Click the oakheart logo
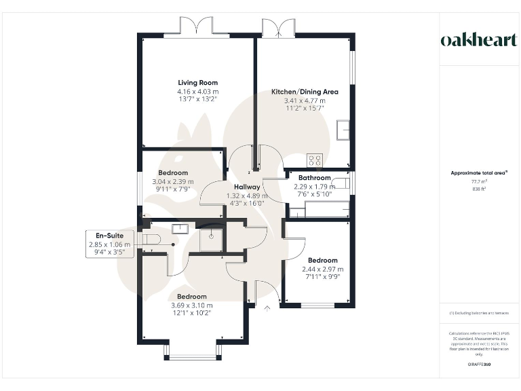coord(478,40)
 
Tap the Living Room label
coord(197,82)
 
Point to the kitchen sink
coord(343,128)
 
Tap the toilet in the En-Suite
coord(150,238)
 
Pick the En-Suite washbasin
coord(180,228)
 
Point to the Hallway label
coord(247,187)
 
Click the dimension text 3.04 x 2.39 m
coord(172,182)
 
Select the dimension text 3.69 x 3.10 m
coord(192,305)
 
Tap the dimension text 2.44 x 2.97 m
coord(322,269)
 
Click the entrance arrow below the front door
coord(267,309)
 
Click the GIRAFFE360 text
coord(479,365)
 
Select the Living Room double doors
coord(197,28)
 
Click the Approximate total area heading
coord(479,173)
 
